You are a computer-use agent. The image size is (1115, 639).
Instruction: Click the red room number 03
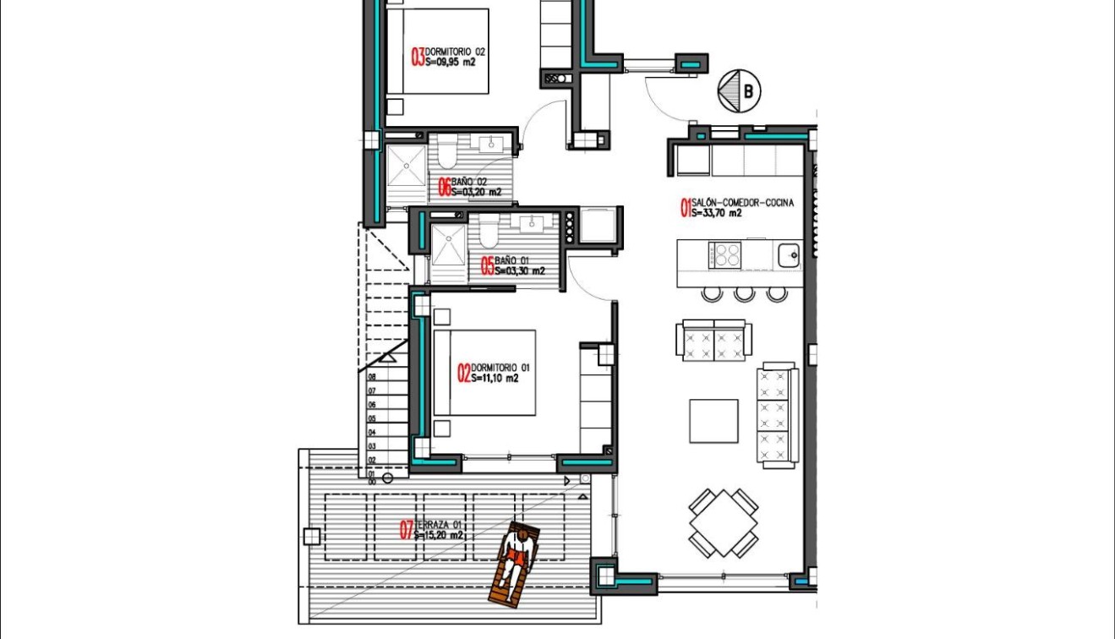(x=418, y=57)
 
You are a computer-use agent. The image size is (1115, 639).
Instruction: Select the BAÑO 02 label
(x=469, y=182)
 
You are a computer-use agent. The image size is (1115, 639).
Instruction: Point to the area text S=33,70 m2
(x=716, y=213)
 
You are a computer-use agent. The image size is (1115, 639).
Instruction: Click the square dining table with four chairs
(x=723, y=522)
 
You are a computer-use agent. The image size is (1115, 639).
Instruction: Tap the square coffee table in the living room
(x=714, y=420)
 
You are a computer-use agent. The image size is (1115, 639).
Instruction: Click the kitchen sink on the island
(x=789, y=253)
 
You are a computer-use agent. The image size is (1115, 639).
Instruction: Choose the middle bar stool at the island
(x=744, y=293)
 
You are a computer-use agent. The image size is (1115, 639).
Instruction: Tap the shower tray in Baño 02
(x=407, y=175)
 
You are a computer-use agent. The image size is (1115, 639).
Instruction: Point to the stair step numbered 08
(x=371, y=378)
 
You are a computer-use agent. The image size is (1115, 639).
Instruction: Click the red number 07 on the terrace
(x=407, y=530)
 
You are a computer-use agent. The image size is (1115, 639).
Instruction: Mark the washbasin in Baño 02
(x=492, y=144)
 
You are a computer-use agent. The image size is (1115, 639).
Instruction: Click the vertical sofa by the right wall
(x=776, y=414)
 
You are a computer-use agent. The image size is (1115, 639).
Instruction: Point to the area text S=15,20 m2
(x=439, y=535)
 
